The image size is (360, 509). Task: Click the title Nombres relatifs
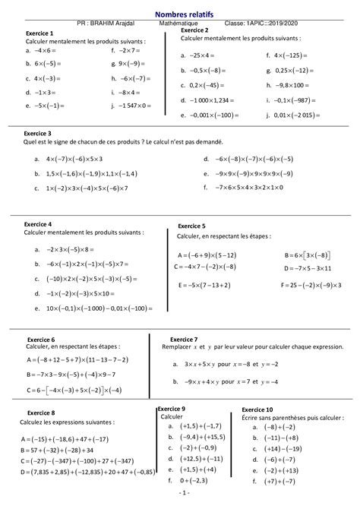tap(179, 14)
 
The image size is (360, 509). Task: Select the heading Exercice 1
tap(39, 34)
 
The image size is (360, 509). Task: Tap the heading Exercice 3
tap(39, 133)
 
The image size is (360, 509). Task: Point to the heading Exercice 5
tap(191, 226)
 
